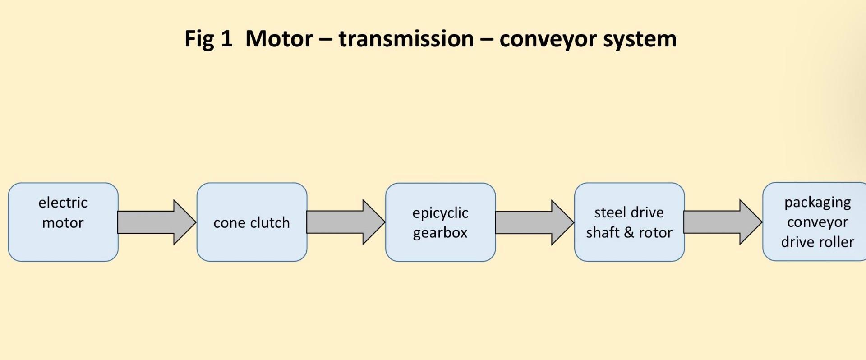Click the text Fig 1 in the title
[208, 39]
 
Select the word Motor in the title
[279, 39]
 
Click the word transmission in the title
[406, 39]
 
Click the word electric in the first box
[63, 203]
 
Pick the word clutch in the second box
[270, 222]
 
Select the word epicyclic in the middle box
[440, 213]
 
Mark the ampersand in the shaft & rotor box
[629, 233]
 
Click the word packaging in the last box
[817, 203]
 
